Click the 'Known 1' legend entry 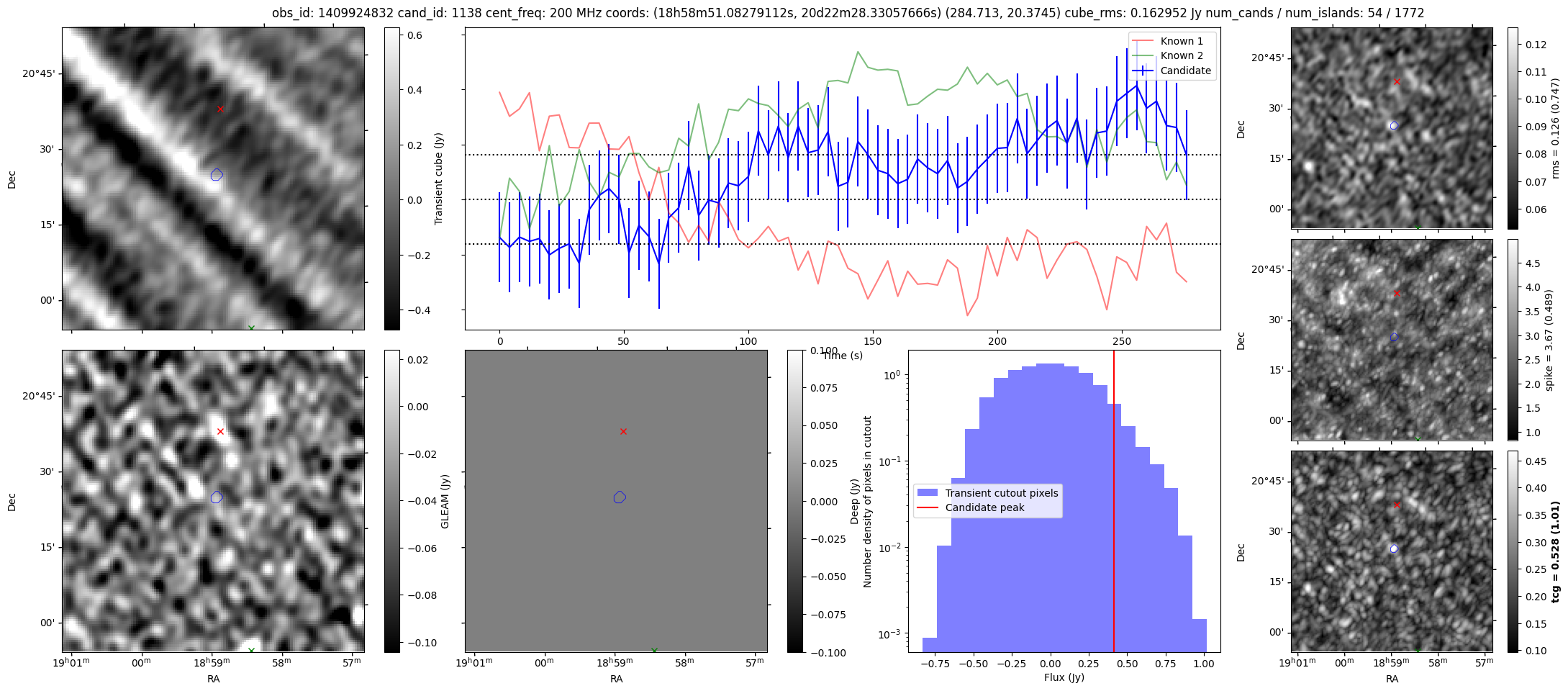tap(1181, 41)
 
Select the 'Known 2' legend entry tap(1181, 55)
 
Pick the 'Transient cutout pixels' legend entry tap(1001, 493)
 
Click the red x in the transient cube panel tap(220, 109)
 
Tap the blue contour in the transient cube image tap(217, 175)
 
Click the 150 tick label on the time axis tap(873, 341)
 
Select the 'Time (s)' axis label tap(842, 356)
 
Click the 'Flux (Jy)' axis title tap(1064, 677)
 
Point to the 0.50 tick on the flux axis tap(1127, 664)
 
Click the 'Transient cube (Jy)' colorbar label tap(438, 179)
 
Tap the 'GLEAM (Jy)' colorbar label tap(445, 502)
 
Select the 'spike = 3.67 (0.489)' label tap(1549, 340)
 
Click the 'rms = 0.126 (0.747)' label tap(1554, 129)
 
